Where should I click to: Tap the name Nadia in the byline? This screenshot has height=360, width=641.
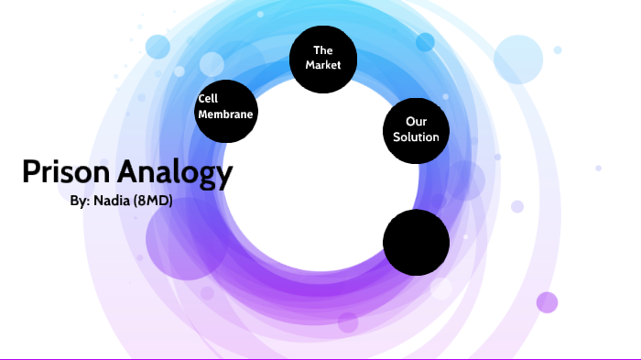tap(113, 201)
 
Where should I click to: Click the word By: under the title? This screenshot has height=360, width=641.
tap(79, 201)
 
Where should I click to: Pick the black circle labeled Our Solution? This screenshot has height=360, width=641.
tap(416, 129)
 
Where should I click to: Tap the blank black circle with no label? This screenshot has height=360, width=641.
tap(416, 242)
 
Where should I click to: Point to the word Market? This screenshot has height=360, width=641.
tap(322, 66)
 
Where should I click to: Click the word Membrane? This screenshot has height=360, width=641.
tap(225, 115)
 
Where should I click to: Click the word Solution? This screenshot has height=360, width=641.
tap(416, 137)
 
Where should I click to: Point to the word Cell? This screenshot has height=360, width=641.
tap(208, 99)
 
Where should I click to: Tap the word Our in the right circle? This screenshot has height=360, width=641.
tap(416, 121)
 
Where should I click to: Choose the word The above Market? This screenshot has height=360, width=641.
tap(322, 50)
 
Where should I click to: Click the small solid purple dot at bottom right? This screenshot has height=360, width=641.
tap(547, 301)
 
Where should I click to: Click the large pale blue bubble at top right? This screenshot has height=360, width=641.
tap(519, 59)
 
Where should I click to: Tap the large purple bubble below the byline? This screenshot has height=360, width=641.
tap(186, 239)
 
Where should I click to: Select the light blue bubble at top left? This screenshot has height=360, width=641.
tap(158, 47)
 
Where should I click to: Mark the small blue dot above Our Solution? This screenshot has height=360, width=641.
tap(425, 42)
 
